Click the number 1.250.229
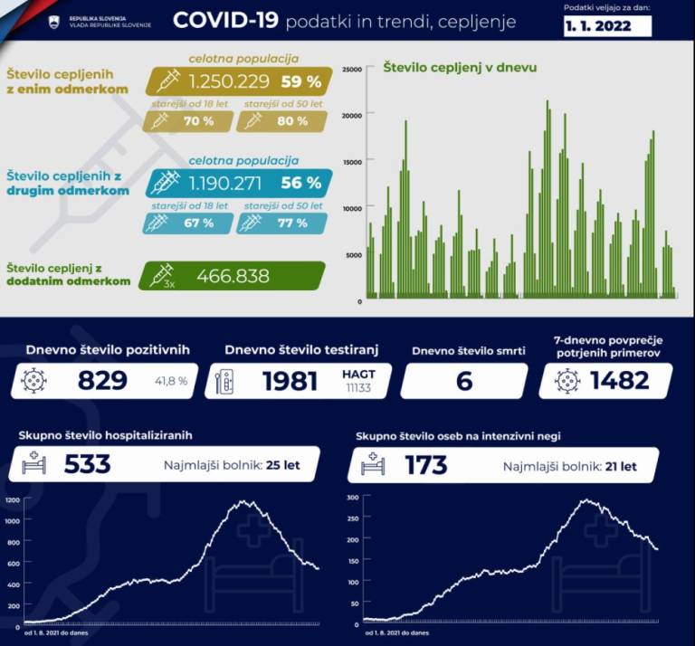point(229,81)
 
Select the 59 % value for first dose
point(301,81)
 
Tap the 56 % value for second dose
point(301,183)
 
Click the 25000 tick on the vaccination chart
point(352,69)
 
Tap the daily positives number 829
point(102,381)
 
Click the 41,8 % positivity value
point(170,382)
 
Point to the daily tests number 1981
point(290,381)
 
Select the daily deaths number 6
point(464,381)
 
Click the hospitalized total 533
point(87,465)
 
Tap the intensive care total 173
point(425,465)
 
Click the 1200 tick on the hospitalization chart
point(12,499)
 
